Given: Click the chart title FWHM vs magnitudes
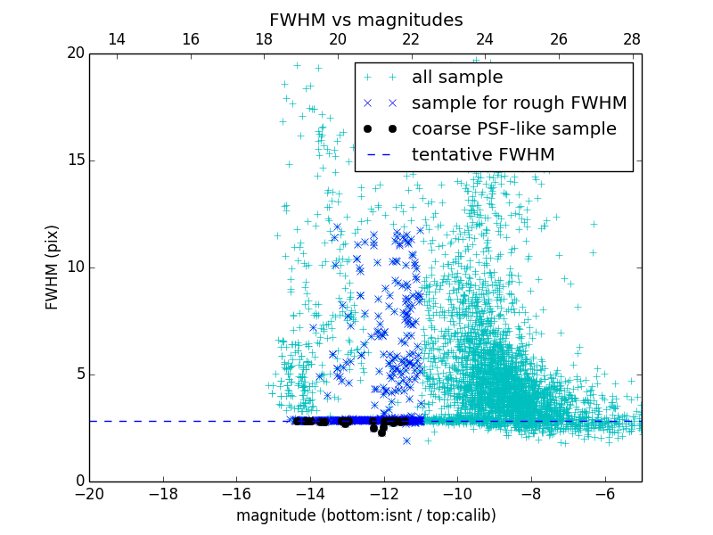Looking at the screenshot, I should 365,20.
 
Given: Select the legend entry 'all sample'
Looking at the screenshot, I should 456,78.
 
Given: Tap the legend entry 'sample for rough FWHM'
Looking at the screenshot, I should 519,103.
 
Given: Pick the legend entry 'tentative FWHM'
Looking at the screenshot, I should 483,154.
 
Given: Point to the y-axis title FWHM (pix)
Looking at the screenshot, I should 52,267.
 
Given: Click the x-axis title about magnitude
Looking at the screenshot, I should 365,515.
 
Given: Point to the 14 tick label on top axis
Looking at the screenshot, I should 116,40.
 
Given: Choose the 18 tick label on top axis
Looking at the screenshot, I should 264,40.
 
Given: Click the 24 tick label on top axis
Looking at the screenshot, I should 485,40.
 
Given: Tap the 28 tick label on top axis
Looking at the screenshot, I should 632,40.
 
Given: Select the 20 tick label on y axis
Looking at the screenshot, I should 75,53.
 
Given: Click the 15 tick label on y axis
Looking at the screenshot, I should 75,160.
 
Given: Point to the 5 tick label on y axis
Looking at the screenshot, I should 78,374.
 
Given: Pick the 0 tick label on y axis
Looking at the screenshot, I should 78,481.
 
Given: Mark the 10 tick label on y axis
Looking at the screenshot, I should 75,267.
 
